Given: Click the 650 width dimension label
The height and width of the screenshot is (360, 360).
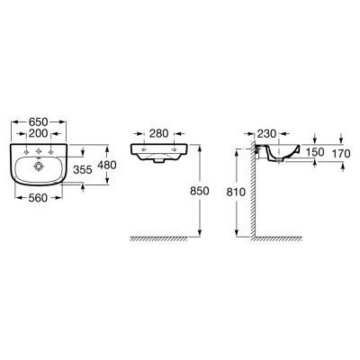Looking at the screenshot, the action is coord(38,122).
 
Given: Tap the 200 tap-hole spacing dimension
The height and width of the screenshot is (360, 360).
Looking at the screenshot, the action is coord(39,133).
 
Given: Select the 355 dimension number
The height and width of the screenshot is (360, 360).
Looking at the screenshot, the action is coord(83,170).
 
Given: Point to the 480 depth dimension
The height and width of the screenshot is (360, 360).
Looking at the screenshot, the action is coord(107,165).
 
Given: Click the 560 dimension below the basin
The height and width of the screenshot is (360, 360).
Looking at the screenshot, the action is coord(38,198).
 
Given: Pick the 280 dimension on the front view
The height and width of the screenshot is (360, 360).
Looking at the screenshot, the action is coord(158,133).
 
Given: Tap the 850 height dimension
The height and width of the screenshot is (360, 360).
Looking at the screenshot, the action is coord(200,191).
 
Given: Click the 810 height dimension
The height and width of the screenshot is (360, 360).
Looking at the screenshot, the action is coord(236,192).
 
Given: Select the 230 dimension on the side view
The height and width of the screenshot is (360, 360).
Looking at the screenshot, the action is coord(266,133).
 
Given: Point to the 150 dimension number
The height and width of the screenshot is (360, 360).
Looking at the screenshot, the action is coord(315,152).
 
